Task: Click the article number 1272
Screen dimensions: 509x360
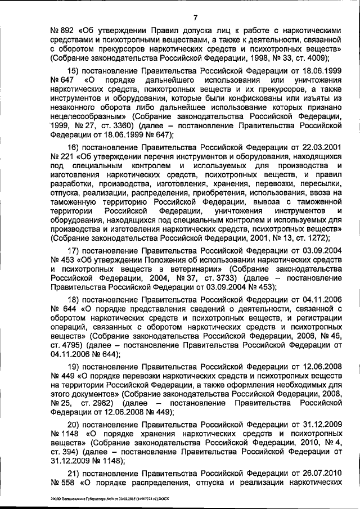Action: coord(310,238)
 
